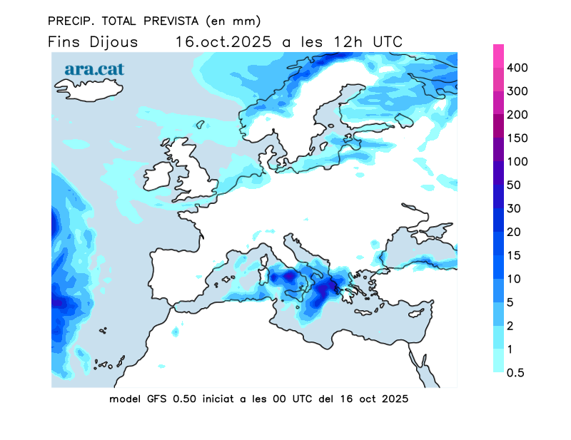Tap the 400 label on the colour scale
[517, 68]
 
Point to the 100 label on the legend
[517, 162]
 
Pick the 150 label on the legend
[517, 138]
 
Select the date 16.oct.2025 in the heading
[223, 41]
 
